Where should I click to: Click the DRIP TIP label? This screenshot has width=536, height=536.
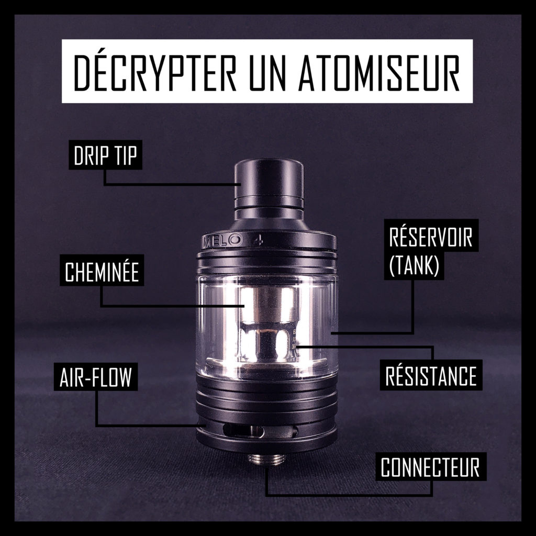[105, 155]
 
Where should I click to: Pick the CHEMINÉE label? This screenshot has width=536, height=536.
[102, 271]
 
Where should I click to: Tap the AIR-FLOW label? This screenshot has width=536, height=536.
[96, 377]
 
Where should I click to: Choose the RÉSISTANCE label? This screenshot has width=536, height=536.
[431, 375]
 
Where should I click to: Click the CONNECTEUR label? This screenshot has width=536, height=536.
[430, 467]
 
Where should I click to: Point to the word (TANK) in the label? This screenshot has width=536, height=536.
[414, 264]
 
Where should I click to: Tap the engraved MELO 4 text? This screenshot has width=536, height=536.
[233, 239]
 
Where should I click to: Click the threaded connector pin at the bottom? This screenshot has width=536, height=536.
[265, 460]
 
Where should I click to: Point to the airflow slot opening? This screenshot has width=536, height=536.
[243, 431]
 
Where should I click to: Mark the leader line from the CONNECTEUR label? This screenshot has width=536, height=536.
[349, 495]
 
